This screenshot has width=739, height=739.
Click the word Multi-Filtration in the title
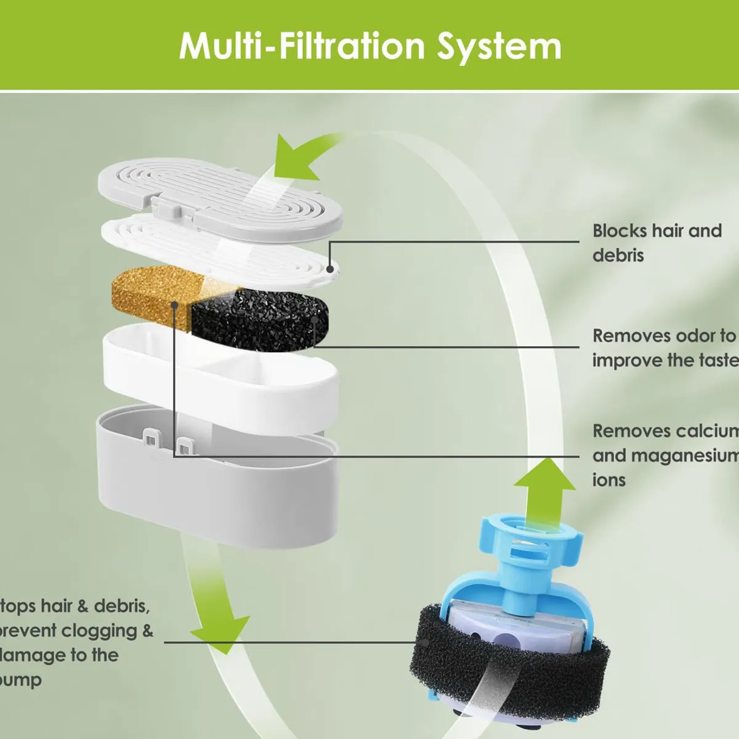(x=301, y=47)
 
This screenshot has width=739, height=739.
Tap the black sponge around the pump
(x=511, y=653)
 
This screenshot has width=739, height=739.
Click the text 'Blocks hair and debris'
(x=656, y=243)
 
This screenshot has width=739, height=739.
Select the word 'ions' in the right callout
(x=608, y=480)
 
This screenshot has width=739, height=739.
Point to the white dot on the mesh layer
(x=331, y=269)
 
